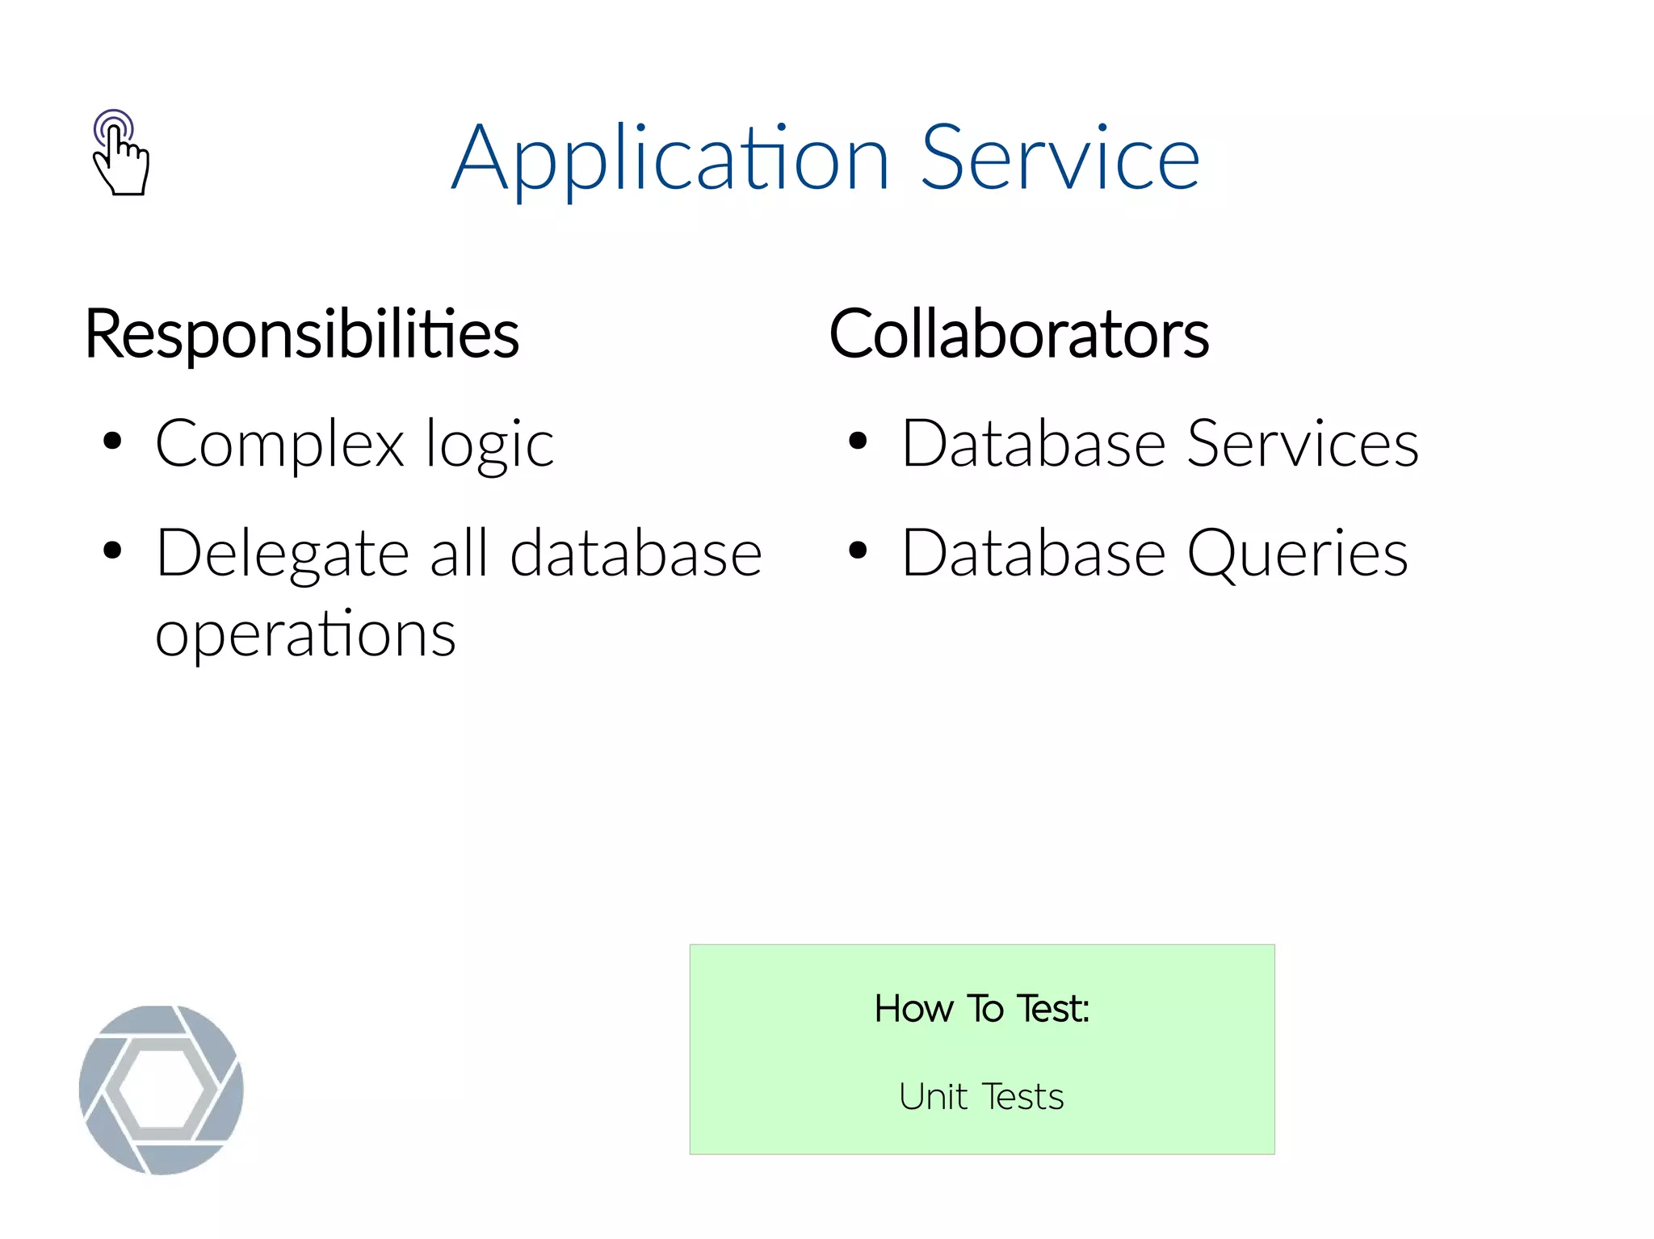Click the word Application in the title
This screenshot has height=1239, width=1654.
pyautogui.click(x=670, y=159)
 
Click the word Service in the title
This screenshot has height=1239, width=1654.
pyautogui.click(x=1060, y=159)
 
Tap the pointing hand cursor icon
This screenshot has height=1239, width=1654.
pyautogui.click(x=120, y=153)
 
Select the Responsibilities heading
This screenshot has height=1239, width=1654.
pyautogui.click(x=302, y=333)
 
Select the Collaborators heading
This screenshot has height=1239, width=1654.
pyautogui.click(x=1018, y=333)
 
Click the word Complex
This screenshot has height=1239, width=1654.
pyautogui.click(x=279, y=444)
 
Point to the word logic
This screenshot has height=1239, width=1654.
pyautogui.click(x=489, y=444)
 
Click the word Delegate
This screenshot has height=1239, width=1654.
pyautogui.click(x=283, y=554)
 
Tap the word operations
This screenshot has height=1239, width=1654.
pyautogui.click(x=305, y=634)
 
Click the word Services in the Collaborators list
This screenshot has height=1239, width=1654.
pyautogui.click(x=1302, y=444)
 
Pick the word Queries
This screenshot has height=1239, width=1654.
pyautogui.click(x=1297, y=554)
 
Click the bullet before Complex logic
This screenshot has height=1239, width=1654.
pyautogui.click(x=112, y=442)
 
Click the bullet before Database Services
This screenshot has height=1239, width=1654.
pyautogui.click(x=858, y=442)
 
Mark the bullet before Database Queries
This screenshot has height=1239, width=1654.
pyautogui.click(x=858, y=551)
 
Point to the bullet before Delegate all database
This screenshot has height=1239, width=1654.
pyautogui.click(x=112, y=551)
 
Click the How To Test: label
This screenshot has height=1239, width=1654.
pyautogui.click(x=981, y=1008)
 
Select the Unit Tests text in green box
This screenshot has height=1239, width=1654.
pyautogui.click(x=981, y=1097)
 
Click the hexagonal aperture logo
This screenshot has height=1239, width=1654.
pyautogui.click(x=162, y=1090)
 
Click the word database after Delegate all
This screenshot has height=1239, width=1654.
pyautogui.click(x=636, y=554)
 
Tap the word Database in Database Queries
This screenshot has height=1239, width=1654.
pyautogui.click(x=1034, y=554)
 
